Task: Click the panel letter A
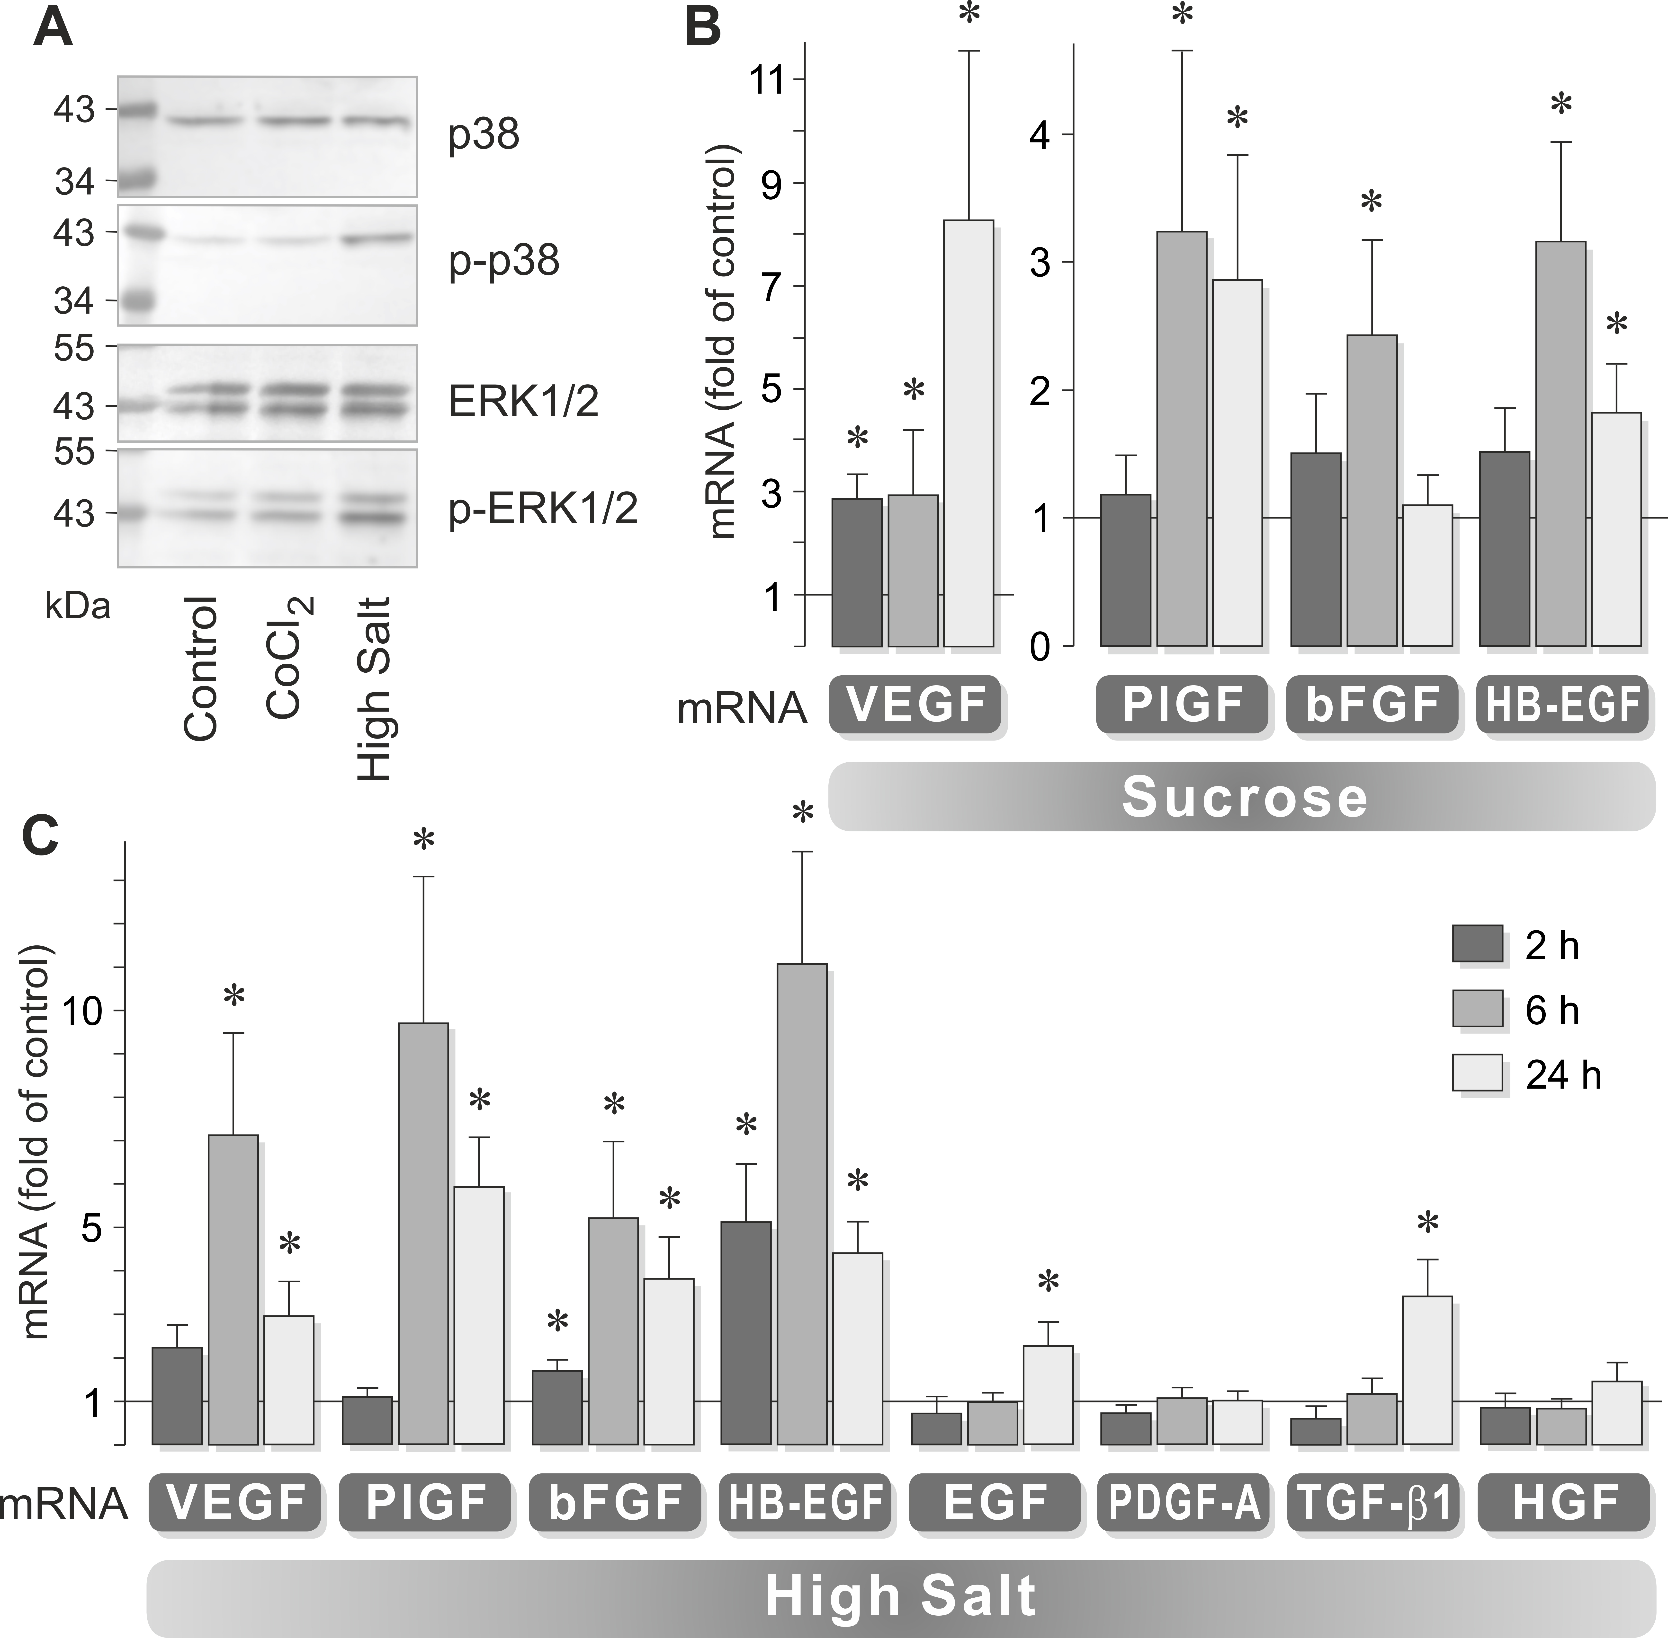tap(53, 30)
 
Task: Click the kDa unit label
tap(77, 607)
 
